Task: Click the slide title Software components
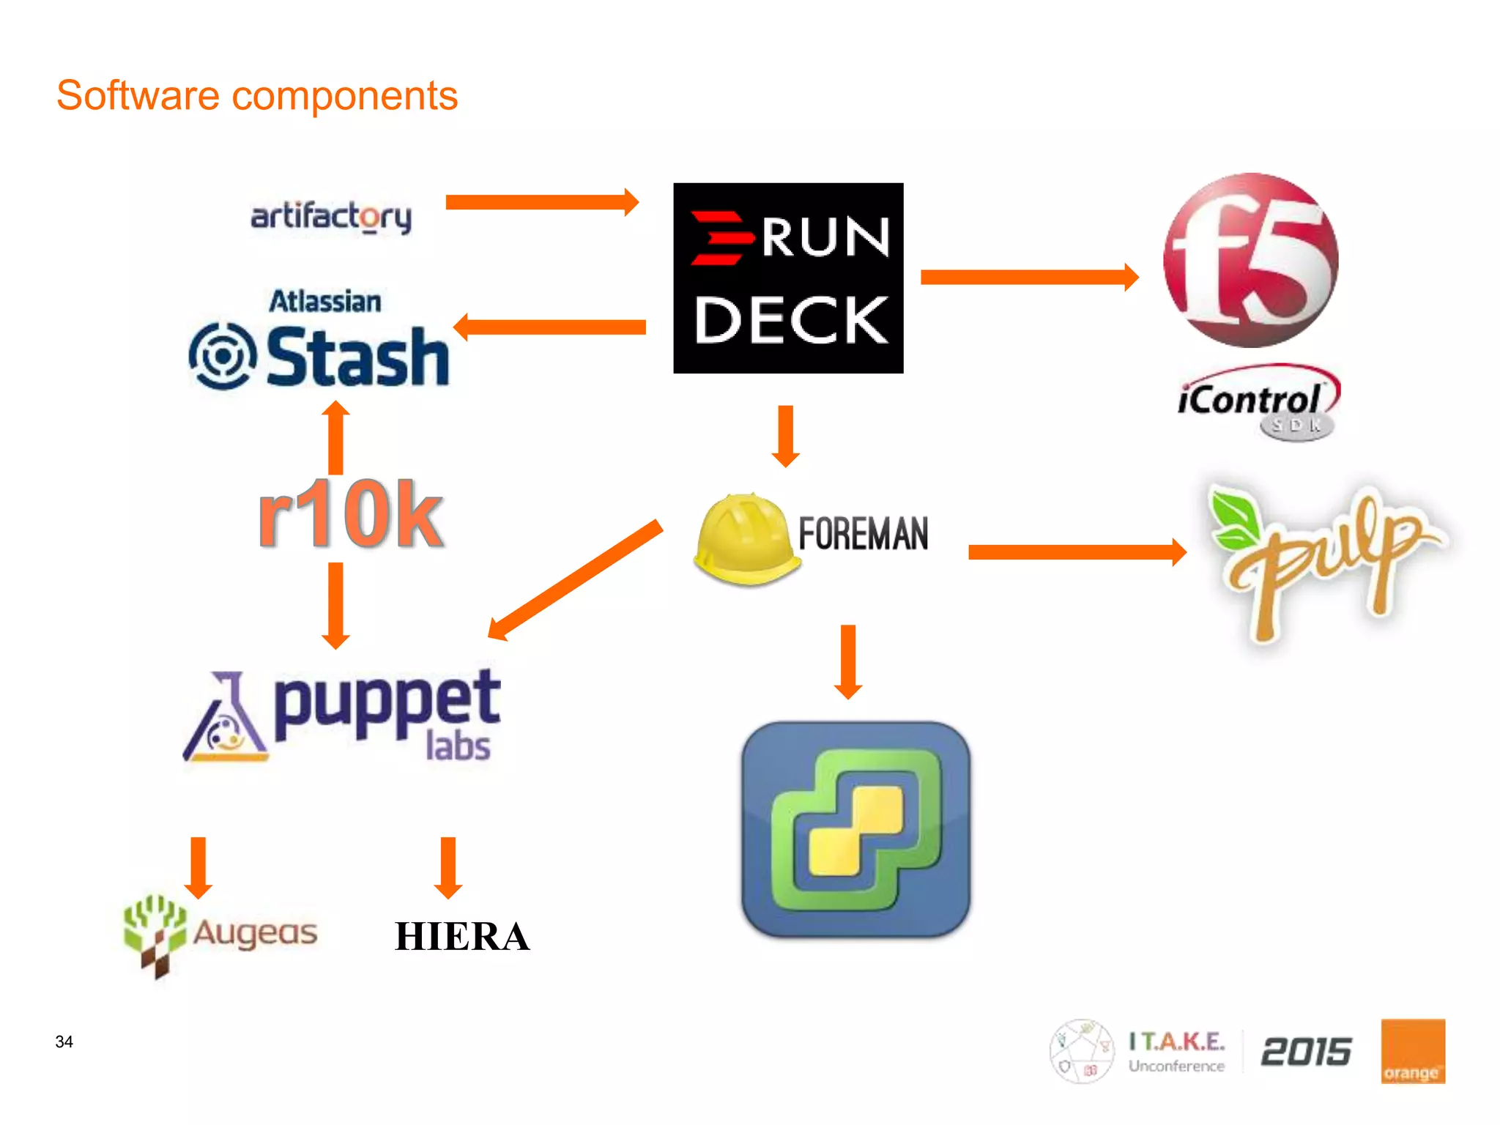[x=257, y=96]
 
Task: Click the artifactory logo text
[x=331, y=217]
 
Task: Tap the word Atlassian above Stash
[x=325, y=301]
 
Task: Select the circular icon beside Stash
[x=223, y=356]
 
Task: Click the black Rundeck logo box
[x=788, y=278]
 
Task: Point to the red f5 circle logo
[x=1251, y=260]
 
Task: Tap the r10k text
[x=350, y=514]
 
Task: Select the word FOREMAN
[x=863, y=533]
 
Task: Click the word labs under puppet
[x=458, y=747]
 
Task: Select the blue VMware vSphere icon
[x=855, y=829]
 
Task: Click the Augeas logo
[x=220, y=934]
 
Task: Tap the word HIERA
[x=461, y=937]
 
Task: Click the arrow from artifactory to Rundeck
[x=542, y=202]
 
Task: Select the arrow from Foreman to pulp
[x=1077, y=552]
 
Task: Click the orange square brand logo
[x=1412, y=1050]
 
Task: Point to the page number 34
[x=64, y=1042]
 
